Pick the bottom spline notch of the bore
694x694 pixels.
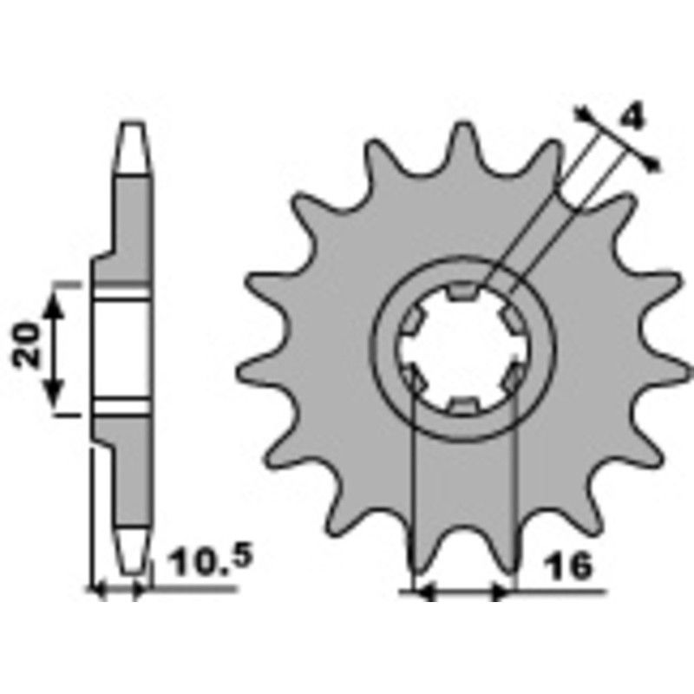coord(463,404)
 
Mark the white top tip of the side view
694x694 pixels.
coord(133,143)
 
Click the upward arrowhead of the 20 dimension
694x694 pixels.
coord(56,301)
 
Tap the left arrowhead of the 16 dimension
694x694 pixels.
coord(425,593)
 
